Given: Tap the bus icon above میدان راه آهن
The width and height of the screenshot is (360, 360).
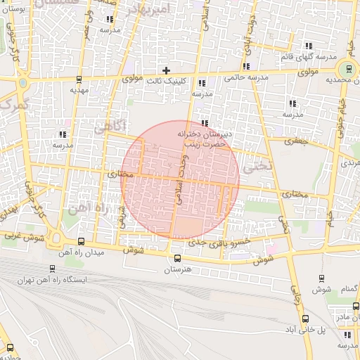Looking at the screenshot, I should (x=80, y=241).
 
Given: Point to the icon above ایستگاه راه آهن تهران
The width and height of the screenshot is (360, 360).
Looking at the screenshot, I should (x=52, y=268).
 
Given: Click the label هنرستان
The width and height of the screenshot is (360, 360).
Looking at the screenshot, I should (x=177, y=269).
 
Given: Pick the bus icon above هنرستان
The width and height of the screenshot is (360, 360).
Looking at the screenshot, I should (x=177, y=258).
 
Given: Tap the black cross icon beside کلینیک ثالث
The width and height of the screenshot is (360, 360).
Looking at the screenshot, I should (x=166, y=70).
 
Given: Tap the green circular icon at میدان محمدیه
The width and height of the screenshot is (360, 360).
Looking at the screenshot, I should (x=347, y=70).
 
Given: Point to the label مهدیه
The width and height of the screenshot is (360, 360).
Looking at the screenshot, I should (x=78, y=90).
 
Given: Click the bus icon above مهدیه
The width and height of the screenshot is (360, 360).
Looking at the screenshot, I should (x=78, y=79).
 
